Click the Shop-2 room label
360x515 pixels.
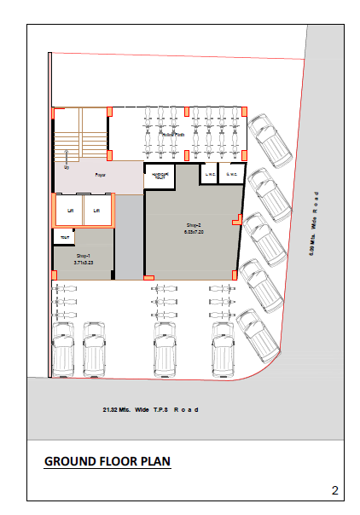pyautogui.click(x=193, y=223)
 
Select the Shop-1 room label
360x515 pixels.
pyautogui.click(x=83, y=255)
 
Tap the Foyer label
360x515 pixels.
pyautogui.click(x=100, y=175)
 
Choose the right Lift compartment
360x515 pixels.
pyautogui.click(x=96, y=209)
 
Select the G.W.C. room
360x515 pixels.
pyautogui.click(x=230, y=174)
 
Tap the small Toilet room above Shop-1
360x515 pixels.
pyautogui.click(x=61, y=235)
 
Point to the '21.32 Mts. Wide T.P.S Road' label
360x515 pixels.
pyautogui.click(x=150, y=409)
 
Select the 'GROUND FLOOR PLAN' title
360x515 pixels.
pyautogui.click(x=107, y=461)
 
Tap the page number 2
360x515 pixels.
pyautogui.click(x=335, y=489)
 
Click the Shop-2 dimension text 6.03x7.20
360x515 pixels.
pyautogui.click(x=193, y=230)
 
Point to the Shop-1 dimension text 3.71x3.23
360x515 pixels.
pyautogui.click(x=83, y=263)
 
